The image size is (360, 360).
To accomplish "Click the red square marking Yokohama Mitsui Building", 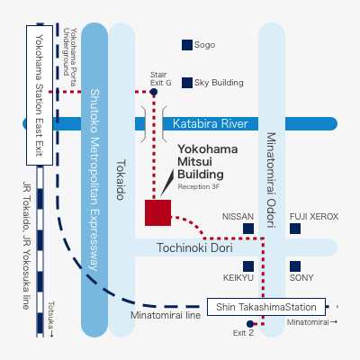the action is pyautogui.click(x=157, y=212).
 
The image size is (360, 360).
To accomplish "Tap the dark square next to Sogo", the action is pyautogui.click(x=187, y=45).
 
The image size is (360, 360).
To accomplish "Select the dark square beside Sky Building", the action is pyautogui.click(x=187, y=83).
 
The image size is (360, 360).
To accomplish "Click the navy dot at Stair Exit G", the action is pyautogui.click(x=154, y=92).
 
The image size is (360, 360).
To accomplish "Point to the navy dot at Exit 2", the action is pyautogui.click(x=250, y=324).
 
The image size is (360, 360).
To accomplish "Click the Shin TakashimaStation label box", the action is pyautogui.click(x=266, y=307).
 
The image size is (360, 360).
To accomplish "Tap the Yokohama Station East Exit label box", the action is pyautogui.click(x=40, y=95).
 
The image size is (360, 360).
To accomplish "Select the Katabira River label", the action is pyautogui.click(x=211, y=123).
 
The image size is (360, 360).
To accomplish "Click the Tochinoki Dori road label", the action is pyautogui.click(x=194, y=247).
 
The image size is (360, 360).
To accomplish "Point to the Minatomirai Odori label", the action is pyautogui.click(x=271, y=180).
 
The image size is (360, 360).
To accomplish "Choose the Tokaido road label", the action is pyautogui.click(x=121, y=180).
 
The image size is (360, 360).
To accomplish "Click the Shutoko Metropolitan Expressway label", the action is pyautogui.click(x=94, y=180).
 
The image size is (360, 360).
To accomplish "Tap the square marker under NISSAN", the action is pyautogui.click(x=248, y=229).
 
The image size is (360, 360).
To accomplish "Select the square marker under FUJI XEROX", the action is pyautogui.click(x=295, y=229).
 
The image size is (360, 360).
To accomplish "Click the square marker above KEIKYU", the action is pyautogui.click(x=248, y=266).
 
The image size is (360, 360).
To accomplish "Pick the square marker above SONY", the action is pyautogui.click(x=295, y=266).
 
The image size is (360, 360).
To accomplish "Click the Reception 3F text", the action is pyautogui.click(x=199, y=186).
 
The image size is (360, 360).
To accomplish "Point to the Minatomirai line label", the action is pyautogui.click(x=166, y=315).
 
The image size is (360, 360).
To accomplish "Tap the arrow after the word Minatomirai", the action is pyautogui.click(x=334, y=322).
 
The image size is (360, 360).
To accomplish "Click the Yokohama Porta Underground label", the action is pyautogui.click(x=70, y=57).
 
